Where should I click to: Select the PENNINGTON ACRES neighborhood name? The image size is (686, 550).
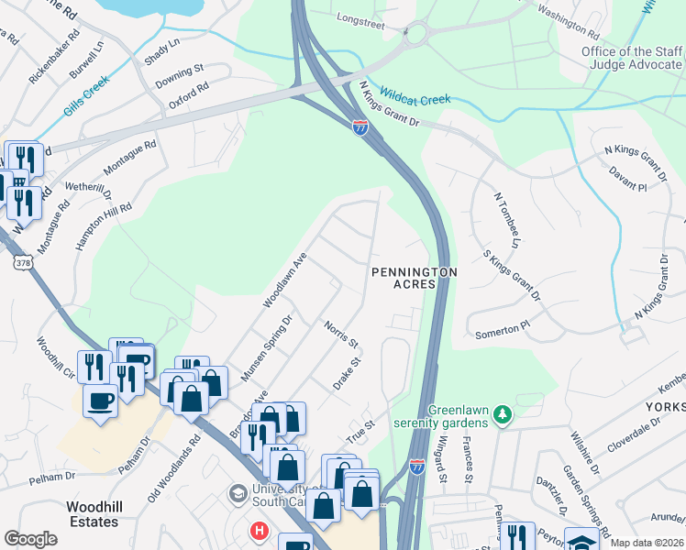414,278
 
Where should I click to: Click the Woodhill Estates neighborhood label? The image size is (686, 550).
93,514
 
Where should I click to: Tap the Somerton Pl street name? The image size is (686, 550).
503,330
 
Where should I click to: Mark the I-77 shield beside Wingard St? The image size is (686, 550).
416,467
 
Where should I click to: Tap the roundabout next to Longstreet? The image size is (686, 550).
417,33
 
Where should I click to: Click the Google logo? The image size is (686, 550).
31,539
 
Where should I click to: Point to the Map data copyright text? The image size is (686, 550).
646,543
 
